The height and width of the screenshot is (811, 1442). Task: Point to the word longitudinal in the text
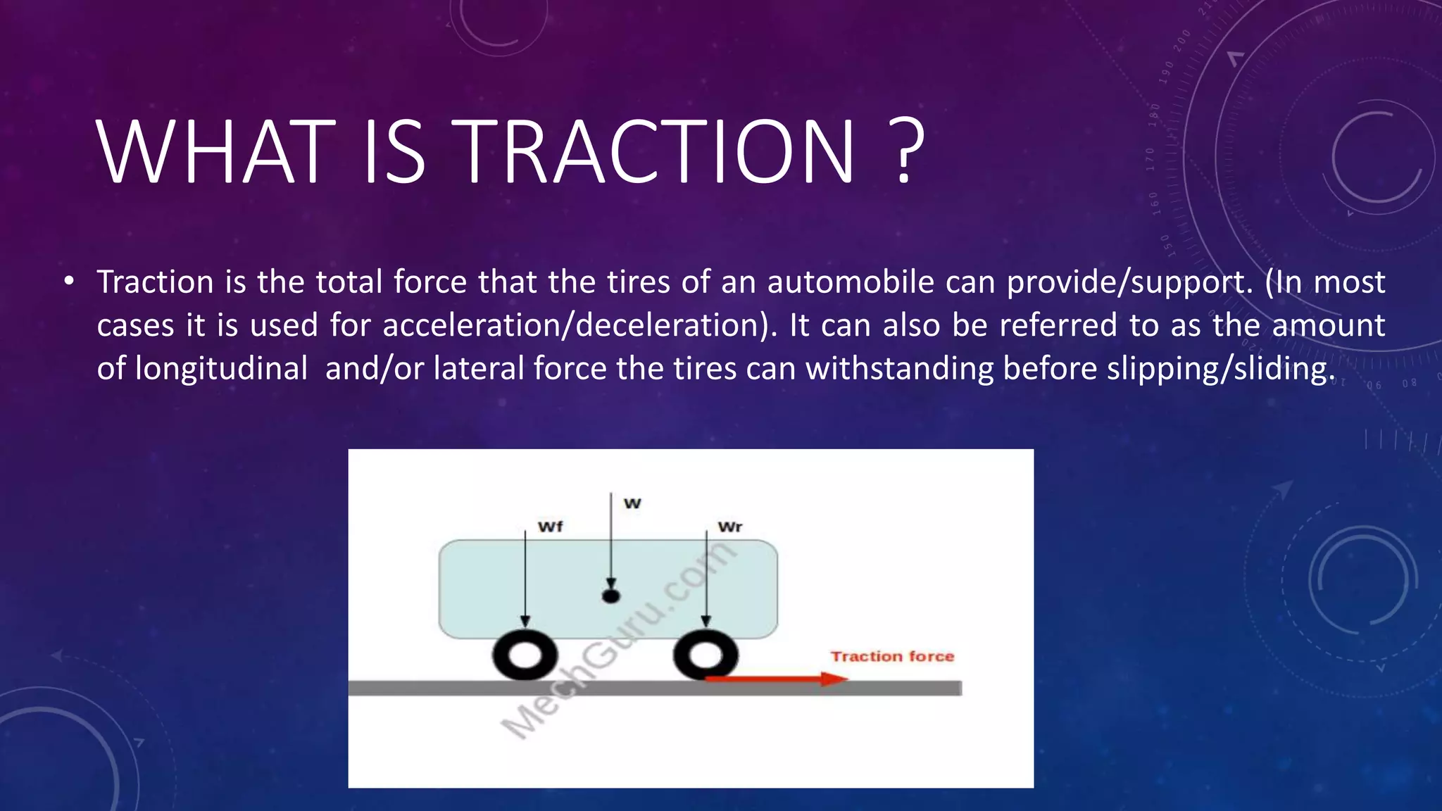(221, 368)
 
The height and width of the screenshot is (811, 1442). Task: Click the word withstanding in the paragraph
(900, 368)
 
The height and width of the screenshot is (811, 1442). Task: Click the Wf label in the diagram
(550, 527)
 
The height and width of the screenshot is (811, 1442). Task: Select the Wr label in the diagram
(729, 527)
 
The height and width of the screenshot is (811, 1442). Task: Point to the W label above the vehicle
(632, 503)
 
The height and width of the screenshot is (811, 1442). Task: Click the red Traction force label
(892, 656)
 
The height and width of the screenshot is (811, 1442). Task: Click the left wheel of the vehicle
(525, 655)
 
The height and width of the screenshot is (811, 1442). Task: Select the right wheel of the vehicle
(705, 655)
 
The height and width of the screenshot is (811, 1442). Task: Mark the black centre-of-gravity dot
(611, 596)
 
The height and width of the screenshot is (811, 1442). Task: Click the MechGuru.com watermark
(620, 641)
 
